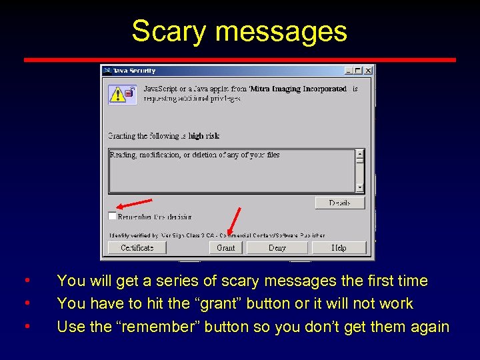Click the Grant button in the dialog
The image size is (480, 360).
click(x=226, y=247)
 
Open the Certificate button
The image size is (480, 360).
click(x=137, y=247)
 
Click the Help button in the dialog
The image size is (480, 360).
click(x=339, y=247)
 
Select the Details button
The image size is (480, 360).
click(x=339, y=203)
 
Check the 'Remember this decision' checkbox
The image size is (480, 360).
click(x=112, y=216)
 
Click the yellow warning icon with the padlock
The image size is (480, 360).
click(x=121, y=94)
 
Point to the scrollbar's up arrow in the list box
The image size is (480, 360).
click(x=360, y=153)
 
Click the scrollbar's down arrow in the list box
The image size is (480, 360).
click(x=360, y=188)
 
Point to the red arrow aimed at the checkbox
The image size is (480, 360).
click(x=133, y=204)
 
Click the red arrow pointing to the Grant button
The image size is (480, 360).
click(x=233, y=222)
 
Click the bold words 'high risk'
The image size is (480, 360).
click(x=204, y=136)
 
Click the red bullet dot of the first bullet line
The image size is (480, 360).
click(x=26, y=281)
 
